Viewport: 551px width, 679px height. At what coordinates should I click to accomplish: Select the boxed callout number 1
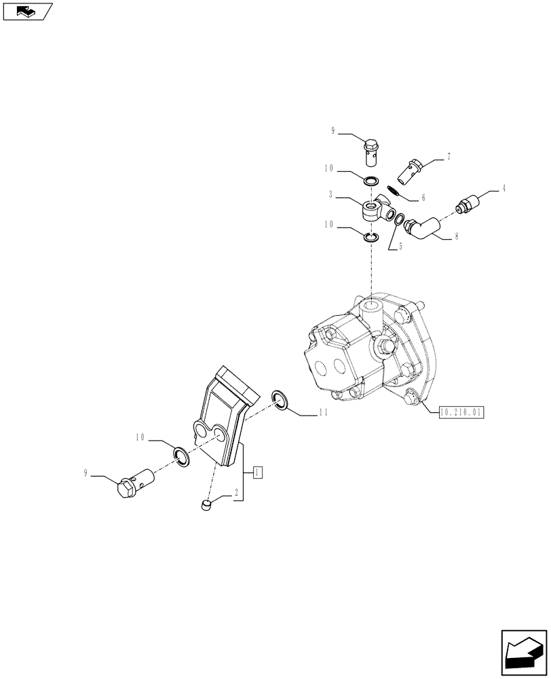click(259, 471)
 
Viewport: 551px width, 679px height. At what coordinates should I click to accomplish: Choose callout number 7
click(448, 158)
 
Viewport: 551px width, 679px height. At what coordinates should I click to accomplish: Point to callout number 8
click(456, 237)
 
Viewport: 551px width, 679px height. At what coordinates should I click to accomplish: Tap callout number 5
click(400, 247)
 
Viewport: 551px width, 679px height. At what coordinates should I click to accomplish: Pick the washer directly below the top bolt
click(370, 181)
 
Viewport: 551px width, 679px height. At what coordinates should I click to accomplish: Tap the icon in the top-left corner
click(26, 10)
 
